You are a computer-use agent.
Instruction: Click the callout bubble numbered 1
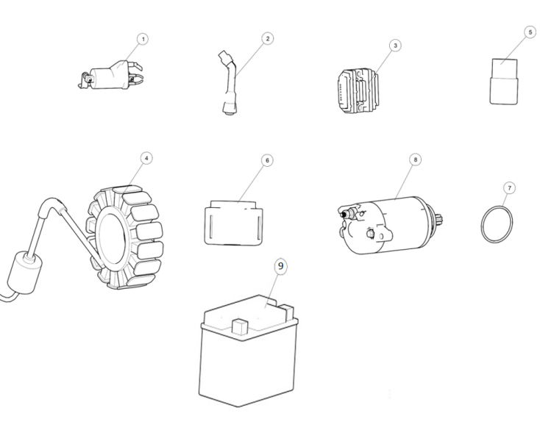pyautogui.click(x=143, y=39)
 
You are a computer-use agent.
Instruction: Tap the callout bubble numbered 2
pyautogui.click(x=268, y=38)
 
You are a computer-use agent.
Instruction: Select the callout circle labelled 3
pyautogui.click(x=395, y=46)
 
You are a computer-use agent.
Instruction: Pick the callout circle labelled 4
pyautogui.click(x=146, y=158)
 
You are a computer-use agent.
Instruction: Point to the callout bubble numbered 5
pyautogui.click(x=530, y=32)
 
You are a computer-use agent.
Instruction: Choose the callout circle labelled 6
pyautogui.click(x=267, y=160)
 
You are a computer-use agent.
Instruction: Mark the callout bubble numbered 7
pyautogui.click(x=509, y=188)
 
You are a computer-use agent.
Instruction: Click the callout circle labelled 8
pyautogui.click(x=416, y=159)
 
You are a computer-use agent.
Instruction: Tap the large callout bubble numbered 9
pyautogui.click(x=281, y=266)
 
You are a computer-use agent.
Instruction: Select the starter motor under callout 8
pyautogui.click(x=391, y=226)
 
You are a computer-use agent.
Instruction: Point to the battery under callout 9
pyautogui.click(x=248, y=351)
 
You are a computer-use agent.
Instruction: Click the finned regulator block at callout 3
pyautogui.click(x=358, y=90)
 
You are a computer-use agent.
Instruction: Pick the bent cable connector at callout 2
pyautogui.click(x=229, y=82)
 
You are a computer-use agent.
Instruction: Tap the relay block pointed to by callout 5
pyautogui.click(x=504, y=82)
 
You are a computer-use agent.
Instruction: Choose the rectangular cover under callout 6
pyautogui.click(x=233, y=223)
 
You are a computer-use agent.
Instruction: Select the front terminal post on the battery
pyautogui.click(x=240, y=326)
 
